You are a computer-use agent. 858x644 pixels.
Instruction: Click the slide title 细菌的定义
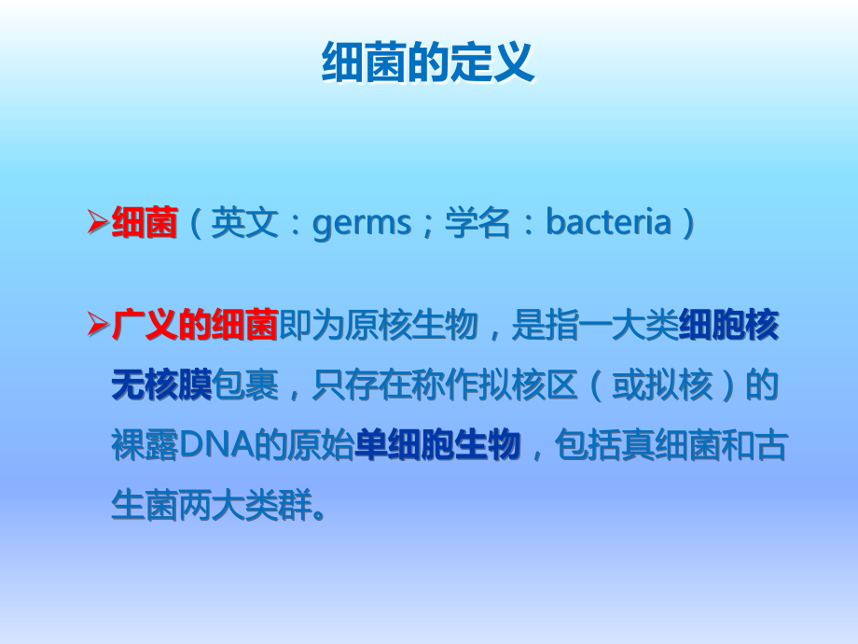coord(428,63)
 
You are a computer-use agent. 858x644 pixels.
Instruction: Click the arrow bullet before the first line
coord(98,224)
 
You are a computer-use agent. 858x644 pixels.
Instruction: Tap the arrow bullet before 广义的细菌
coord(98,326)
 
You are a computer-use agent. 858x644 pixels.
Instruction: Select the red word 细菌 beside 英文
coord(145,224)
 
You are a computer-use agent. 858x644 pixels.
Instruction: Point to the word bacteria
coord(608,224)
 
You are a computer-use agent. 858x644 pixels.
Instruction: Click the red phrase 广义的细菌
coord(195,326)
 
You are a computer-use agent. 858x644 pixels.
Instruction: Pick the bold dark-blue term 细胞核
coord(729,326)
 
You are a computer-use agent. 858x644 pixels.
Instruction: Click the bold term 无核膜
coord(161,385)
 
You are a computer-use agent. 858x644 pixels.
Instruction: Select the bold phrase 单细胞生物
coord(437,446)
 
